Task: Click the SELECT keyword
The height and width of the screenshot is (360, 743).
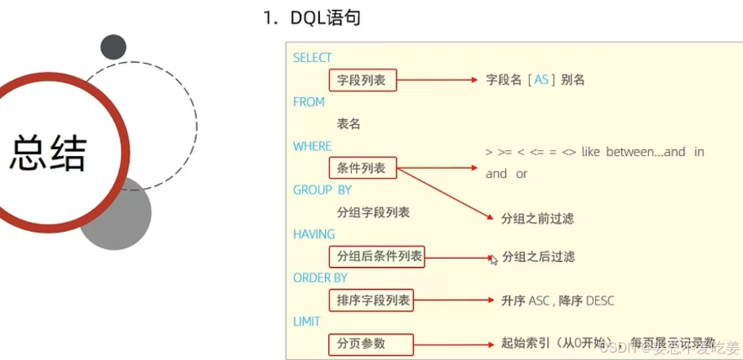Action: click(312, 58)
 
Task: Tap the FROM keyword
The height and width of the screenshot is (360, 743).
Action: click(309, 102)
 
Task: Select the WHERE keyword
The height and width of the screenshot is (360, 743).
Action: click(312, 146)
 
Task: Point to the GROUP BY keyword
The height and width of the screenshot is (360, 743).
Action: click(322, 190)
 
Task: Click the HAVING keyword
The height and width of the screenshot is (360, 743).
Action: click(314, 234)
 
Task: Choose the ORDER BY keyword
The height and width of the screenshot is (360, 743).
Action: click(320, 278)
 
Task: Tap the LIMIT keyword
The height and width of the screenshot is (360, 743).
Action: click(307, 322)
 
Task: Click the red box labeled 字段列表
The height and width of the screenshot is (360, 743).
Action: click(362, 80)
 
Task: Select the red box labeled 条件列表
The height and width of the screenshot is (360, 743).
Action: click(362, 169)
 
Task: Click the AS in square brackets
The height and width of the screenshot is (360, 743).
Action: click(541, 80)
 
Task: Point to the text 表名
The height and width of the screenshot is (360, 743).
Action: click(349, 124)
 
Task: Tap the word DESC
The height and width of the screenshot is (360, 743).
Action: click(598, 300)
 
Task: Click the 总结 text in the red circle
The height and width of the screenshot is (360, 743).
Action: click(49, 152)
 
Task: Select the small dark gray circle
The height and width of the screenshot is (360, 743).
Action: click(113, 47)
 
